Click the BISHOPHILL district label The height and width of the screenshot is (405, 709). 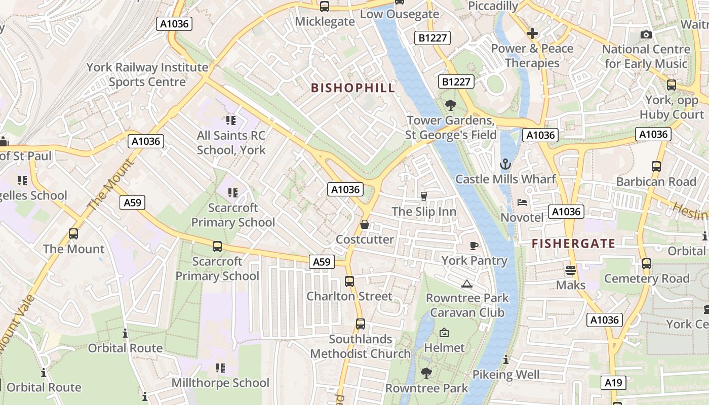point(352,88)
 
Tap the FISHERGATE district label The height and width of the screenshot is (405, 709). point(573,244)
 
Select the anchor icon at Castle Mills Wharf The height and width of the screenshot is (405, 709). point(505,164)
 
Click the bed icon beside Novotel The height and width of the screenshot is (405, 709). point(522,202)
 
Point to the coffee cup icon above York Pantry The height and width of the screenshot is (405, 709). point(474,246)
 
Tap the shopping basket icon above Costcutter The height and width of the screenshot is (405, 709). point(364,224)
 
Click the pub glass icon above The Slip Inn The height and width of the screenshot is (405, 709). point(424,196)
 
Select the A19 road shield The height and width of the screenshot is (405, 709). point(613,383)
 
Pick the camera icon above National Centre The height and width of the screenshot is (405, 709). point(646,34)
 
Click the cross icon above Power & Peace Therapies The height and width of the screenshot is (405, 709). point(532,34)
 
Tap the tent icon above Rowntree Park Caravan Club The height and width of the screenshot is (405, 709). point(466,283)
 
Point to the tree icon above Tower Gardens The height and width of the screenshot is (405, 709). point(450,105)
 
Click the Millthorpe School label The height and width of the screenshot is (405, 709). point(220,383)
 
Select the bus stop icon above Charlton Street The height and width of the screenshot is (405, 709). point(349,281)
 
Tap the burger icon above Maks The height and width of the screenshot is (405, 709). point(571,270)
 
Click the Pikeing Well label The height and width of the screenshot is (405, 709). point(506,375)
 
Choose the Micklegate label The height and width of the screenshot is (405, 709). point(325,21)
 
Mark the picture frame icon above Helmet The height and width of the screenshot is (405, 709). point(444,333)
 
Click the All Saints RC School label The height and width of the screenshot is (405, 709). point(231,143)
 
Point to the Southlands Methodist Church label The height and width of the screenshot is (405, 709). point(360,346)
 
